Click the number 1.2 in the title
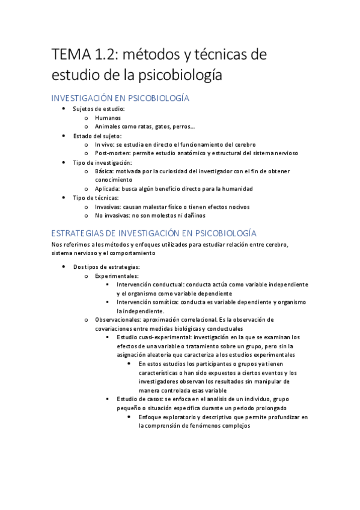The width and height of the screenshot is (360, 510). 106,56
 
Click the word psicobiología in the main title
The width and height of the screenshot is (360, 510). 180,76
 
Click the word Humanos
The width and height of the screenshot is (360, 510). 108,118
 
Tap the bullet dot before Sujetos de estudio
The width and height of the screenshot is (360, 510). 65,109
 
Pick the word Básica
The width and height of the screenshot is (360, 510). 106,171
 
